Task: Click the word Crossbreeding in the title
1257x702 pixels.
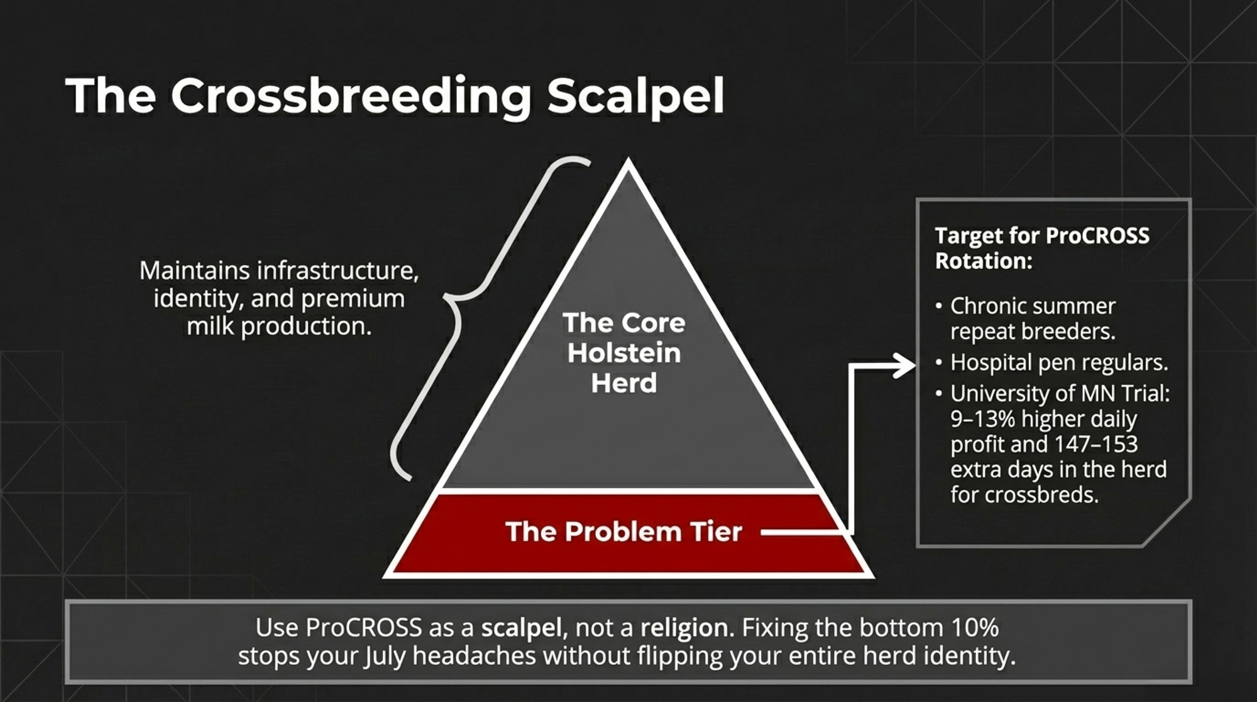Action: coord(351,96)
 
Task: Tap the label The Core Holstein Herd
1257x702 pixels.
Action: coord(624,353)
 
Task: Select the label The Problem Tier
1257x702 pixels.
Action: coord(623,532)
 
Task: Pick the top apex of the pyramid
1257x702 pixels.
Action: coord(628,160)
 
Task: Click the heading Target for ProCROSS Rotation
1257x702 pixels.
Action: coord(1042,248)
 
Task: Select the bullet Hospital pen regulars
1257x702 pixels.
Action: coord(1059,362)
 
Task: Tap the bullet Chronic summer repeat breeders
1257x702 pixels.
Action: coord(1033,318)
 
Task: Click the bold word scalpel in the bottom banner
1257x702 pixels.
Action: coord(521,628)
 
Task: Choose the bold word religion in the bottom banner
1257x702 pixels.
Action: coord(683,628)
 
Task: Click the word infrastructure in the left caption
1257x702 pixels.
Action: coord(338,270)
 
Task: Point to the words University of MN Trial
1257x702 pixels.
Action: coord(1060,394)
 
